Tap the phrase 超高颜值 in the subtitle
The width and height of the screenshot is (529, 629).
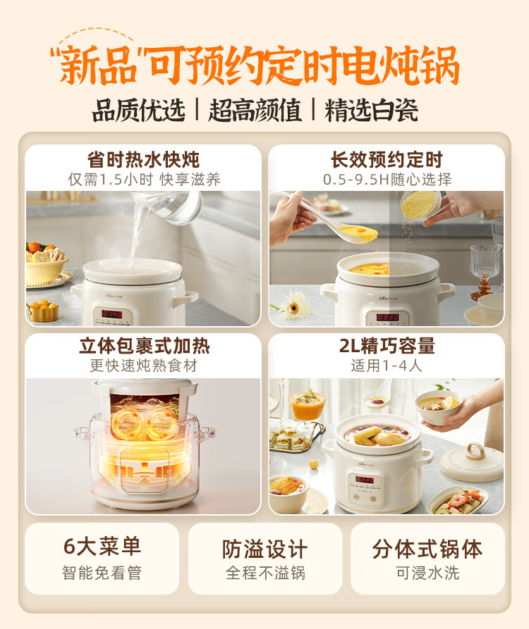pos(255,111)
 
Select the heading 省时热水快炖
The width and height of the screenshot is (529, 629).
pos(143,160)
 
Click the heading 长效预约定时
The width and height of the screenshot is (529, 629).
pos(387,160)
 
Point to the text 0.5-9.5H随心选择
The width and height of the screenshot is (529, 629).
pos(387,180)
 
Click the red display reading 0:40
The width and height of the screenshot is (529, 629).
pos(112,313)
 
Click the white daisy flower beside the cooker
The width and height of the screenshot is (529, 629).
pos(293,306)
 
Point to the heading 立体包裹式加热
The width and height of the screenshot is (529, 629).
pos(144,346)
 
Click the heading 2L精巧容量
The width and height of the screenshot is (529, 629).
pos(387,346)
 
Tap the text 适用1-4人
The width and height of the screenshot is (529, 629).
pos(387,366)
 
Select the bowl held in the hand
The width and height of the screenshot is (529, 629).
pos(439,407)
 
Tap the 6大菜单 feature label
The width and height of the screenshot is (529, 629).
pos(102,547)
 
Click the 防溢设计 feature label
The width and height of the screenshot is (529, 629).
pos(265,549)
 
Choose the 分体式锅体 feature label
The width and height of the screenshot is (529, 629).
pos(427,549)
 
